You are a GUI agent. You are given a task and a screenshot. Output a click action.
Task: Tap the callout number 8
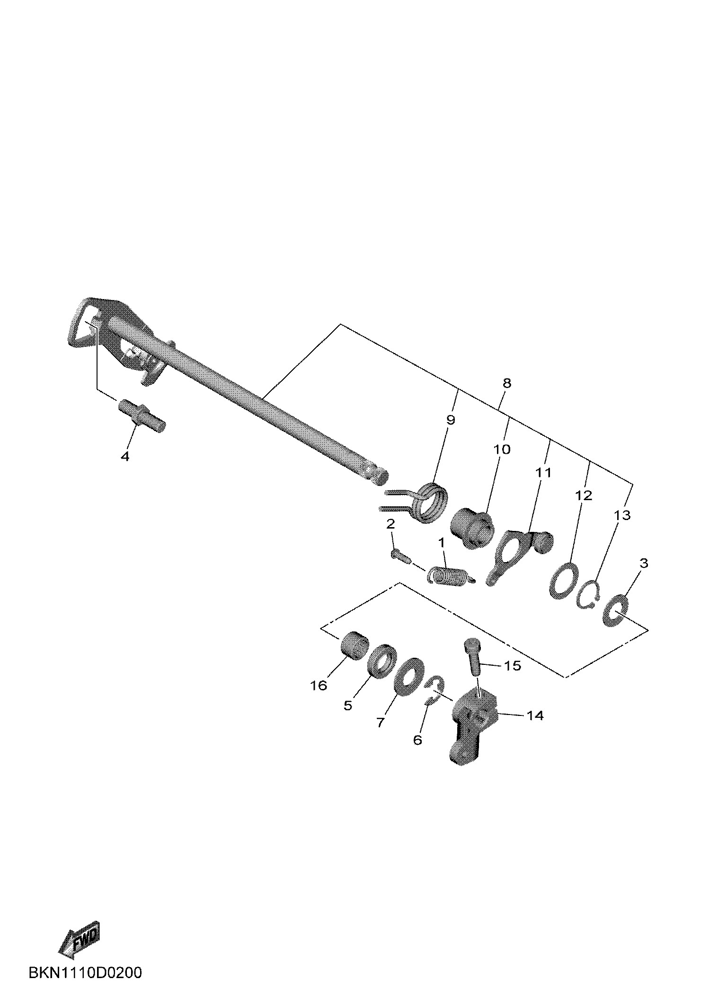tap(507, 383)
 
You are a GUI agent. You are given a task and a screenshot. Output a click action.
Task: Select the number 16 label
tap(319, 685)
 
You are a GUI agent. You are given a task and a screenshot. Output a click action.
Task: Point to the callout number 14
tap(535, 716)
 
